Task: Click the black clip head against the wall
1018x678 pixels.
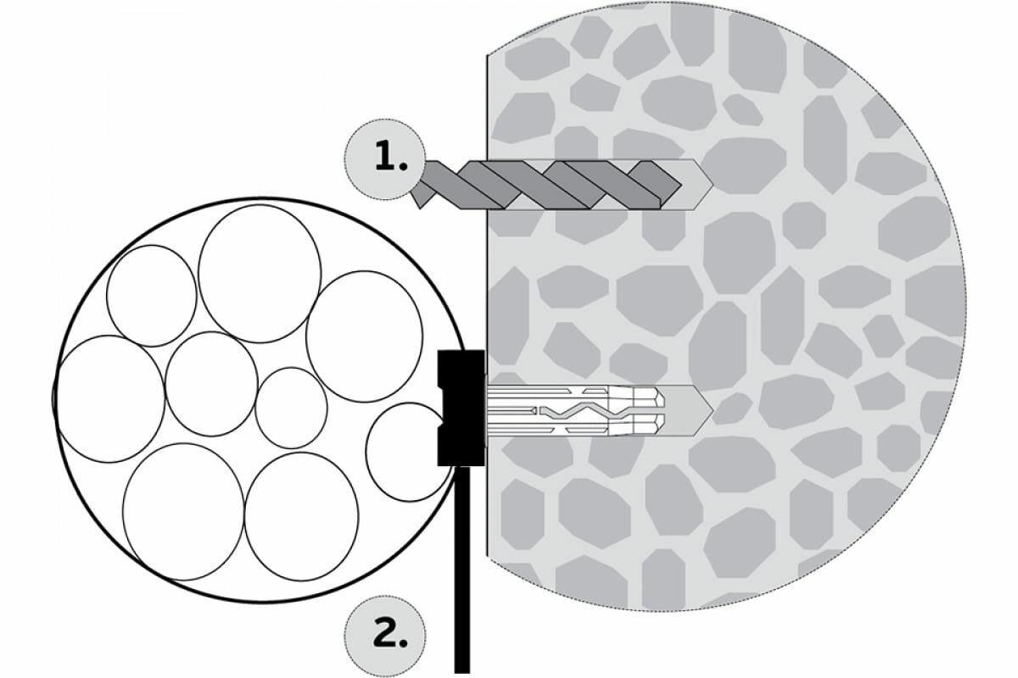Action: point(461,408)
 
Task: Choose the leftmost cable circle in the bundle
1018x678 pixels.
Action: point(110,398)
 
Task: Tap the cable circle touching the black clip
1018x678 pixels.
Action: point(406,451)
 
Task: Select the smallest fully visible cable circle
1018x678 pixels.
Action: point(291,408)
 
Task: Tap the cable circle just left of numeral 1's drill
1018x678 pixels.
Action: point(364,336)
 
